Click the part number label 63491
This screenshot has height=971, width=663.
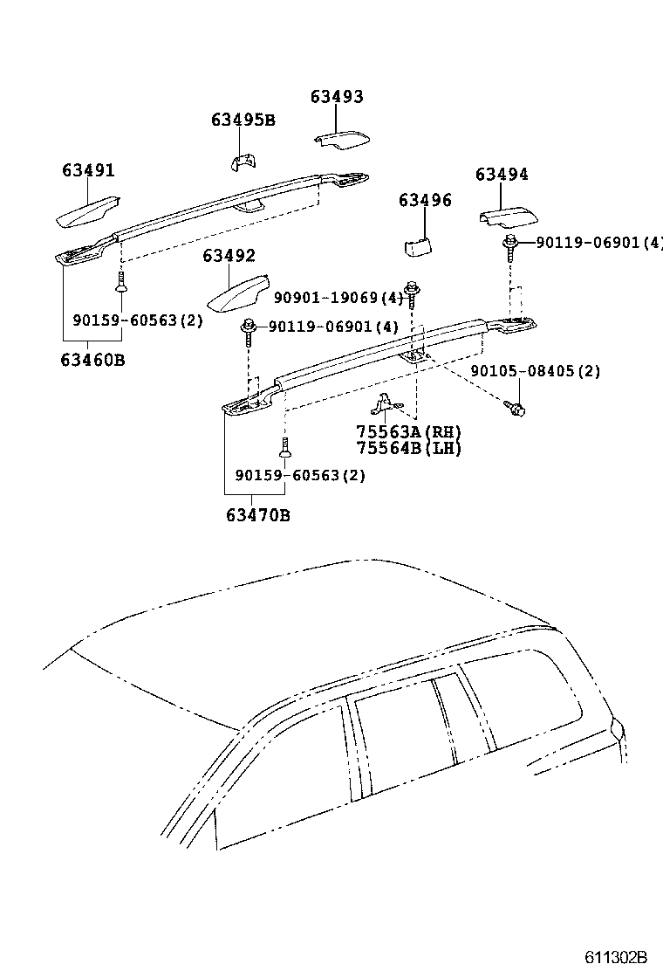(88, 171)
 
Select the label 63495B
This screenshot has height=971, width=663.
(243, 121)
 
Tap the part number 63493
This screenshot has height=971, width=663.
(337, 97)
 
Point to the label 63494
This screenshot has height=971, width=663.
(502, 175)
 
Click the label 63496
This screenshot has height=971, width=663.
(425, 201)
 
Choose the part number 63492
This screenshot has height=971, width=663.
(229, 256)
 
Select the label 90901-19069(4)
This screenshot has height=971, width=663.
(338, 299)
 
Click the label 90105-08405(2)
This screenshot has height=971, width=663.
(536, 371)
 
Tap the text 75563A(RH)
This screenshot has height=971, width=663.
(408, 432)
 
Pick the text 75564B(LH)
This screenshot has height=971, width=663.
(408, 448)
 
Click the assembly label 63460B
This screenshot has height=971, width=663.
(92, 359)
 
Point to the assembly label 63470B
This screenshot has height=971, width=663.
(258, 515)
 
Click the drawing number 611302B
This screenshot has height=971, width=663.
(616, 955)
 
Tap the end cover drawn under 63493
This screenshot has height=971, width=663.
(343, 139)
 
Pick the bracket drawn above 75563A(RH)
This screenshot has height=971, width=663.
(384, 403)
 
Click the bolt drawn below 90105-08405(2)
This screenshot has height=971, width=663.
(515, 407)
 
